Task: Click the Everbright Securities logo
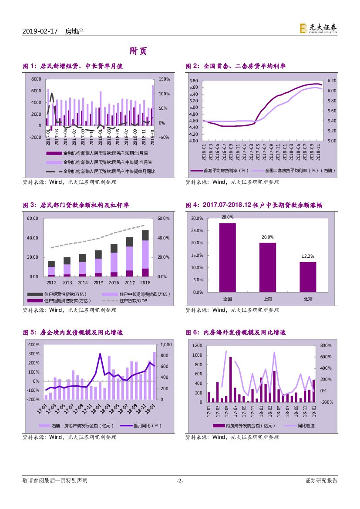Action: click(318, 28)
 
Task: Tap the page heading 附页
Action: click(138, 51)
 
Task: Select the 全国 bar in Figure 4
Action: click(227, 257)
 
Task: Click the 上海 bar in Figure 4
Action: click(268, 266)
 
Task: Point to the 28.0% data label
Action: click(227, 217)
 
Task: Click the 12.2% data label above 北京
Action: click(308, 256)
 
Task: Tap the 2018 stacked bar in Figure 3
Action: click(145, 253)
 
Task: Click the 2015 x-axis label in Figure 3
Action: click(98, 283)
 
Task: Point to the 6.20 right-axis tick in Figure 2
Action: click(332, 81)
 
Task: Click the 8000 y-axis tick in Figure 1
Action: click(37, 79)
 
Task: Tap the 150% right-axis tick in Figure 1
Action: click(164, 79)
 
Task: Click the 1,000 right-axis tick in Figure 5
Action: click(166, 344)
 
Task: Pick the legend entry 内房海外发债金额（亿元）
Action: click(240, 426)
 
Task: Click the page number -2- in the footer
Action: click(180, 481)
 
